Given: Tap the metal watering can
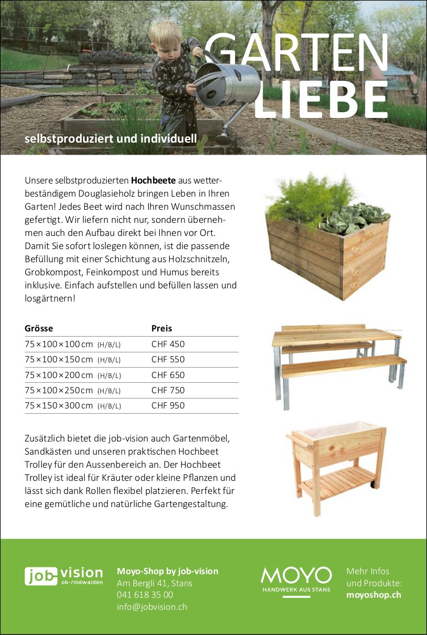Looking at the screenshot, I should [x=228, y=84].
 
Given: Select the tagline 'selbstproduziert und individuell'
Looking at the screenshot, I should [x=111, y=139].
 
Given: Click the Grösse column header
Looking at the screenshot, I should [x=39, y=329].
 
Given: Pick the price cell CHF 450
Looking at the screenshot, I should [x=168, y=345].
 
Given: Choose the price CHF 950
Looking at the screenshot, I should [x=168, y=406].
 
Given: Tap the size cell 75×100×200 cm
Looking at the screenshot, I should [x=59, y=375].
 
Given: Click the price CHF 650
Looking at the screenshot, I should [x=168, y=375].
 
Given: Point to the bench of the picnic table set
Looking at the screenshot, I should [x=343, y=366].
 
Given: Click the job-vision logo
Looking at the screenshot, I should [x=64, y=576].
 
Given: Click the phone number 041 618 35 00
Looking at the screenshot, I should [x=145, y=595].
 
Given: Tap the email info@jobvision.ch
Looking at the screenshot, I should [x=152, y=607].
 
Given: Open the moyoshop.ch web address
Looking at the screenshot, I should [x=374, y=595].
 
